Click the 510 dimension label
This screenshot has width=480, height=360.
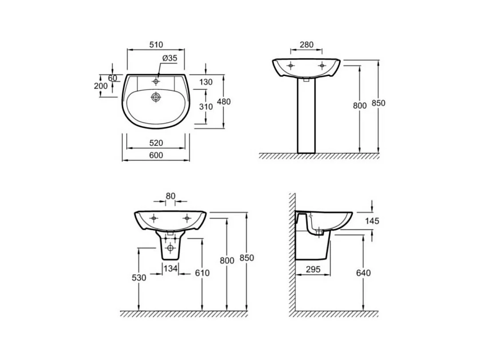point(156,45)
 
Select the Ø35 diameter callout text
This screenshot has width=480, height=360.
point(170,58)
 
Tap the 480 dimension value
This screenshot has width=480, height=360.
point(224,101)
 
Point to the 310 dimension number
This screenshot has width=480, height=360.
point(206,107)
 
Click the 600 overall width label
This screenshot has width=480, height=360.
point(156,156)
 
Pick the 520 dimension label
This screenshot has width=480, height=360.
point(156,143)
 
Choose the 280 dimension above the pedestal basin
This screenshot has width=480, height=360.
point(306,45)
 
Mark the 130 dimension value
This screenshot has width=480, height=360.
point(206,82)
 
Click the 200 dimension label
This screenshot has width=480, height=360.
point(101,86)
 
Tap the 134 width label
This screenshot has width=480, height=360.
point(170,269)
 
